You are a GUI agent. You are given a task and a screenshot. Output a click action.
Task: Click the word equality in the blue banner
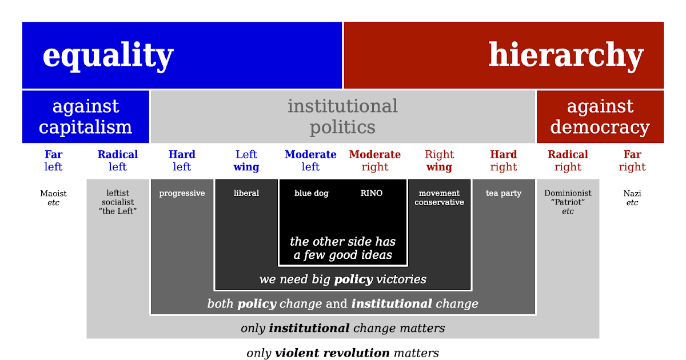[x=108, y=56]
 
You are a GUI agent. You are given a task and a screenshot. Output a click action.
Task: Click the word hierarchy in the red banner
[x=566, y=55]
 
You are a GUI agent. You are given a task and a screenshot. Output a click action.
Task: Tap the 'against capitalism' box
[x=86, y=117]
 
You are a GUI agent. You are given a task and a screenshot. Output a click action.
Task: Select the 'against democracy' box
[x=600, y=117]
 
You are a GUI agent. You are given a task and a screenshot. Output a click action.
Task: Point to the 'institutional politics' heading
[x=342, y=117]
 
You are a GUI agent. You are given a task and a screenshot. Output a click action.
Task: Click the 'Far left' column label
[x=53, y=161]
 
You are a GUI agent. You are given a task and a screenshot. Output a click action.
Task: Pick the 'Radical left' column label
[x=118, y=161]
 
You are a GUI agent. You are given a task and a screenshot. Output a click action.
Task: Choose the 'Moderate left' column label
[x=310, y=161]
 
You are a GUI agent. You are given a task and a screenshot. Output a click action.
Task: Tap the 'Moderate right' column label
[x=375, y=161]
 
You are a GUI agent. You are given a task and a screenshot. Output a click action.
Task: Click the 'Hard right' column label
[x=504, y=161]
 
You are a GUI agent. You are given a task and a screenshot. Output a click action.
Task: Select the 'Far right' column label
[x=632, y=161]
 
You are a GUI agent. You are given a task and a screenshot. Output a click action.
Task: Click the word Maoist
[x=53, y=193]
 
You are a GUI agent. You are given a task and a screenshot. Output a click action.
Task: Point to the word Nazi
[x=632, y=193]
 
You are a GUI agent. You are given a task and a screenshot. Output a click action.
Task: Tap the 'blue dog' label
[x=312, y=193]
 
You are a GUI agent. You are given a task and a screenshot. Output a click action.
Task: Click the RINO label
[x=372, y=193]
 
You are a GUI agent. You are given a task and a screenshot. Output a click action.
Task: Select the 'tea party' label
[x=504, y=193]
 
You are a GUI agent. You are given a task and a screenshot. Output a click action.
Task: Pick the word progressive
[x=182, y=193]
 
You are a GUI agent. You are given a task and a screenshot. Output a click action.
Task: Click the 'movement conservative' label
[x=440, y=198]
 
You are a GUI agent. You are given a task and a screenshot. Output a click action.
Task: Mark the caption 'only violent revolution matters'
[x=342, y=353]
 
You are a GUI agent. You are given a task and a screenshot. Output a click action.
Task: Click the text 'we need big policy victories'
[x=342, y=279]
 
